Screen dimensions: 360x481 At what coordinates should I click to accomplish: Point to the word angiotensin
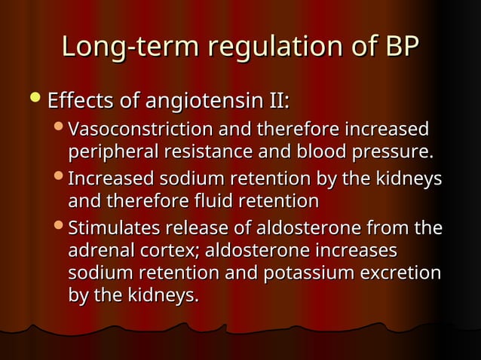point(198,101)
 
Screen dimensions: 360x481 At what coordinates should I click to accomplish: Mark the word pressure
point(397,152)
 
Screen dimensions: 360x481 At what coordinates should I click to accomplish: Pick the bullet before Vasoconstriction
point(60,129)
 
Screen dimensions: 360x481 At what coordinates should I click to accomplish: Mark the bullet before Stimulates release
point(60,227)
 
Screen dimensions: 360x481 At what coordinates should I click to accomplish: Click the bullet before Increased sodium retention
point(60,180)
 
